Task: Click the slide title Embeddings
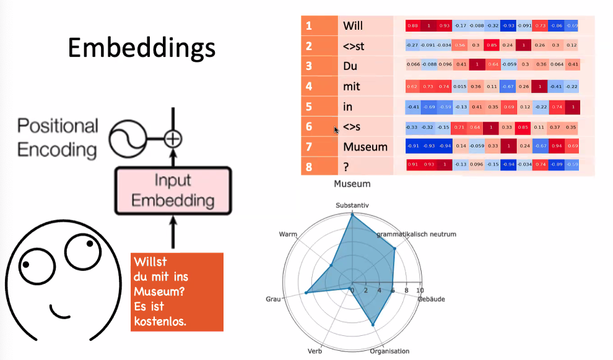[141, 48]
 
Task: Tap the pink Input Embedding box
[173, 190]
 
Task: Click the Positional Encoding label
[58, 138]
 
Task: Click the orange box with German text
[176, 291]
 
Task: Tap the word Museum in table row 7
[365, 147]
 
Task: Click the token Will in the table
[353, 26]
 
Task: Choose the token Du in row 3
[350, 66]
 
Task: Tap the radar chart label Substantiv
[352, 204]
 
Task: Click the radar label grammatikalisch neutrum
[416, 234]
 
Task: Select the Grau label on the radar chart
[273, 299]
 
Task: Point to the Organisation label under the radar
[389, 351]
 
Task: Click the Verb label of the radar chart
[315, 351]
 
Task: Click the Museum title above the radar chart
[352, 183]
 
